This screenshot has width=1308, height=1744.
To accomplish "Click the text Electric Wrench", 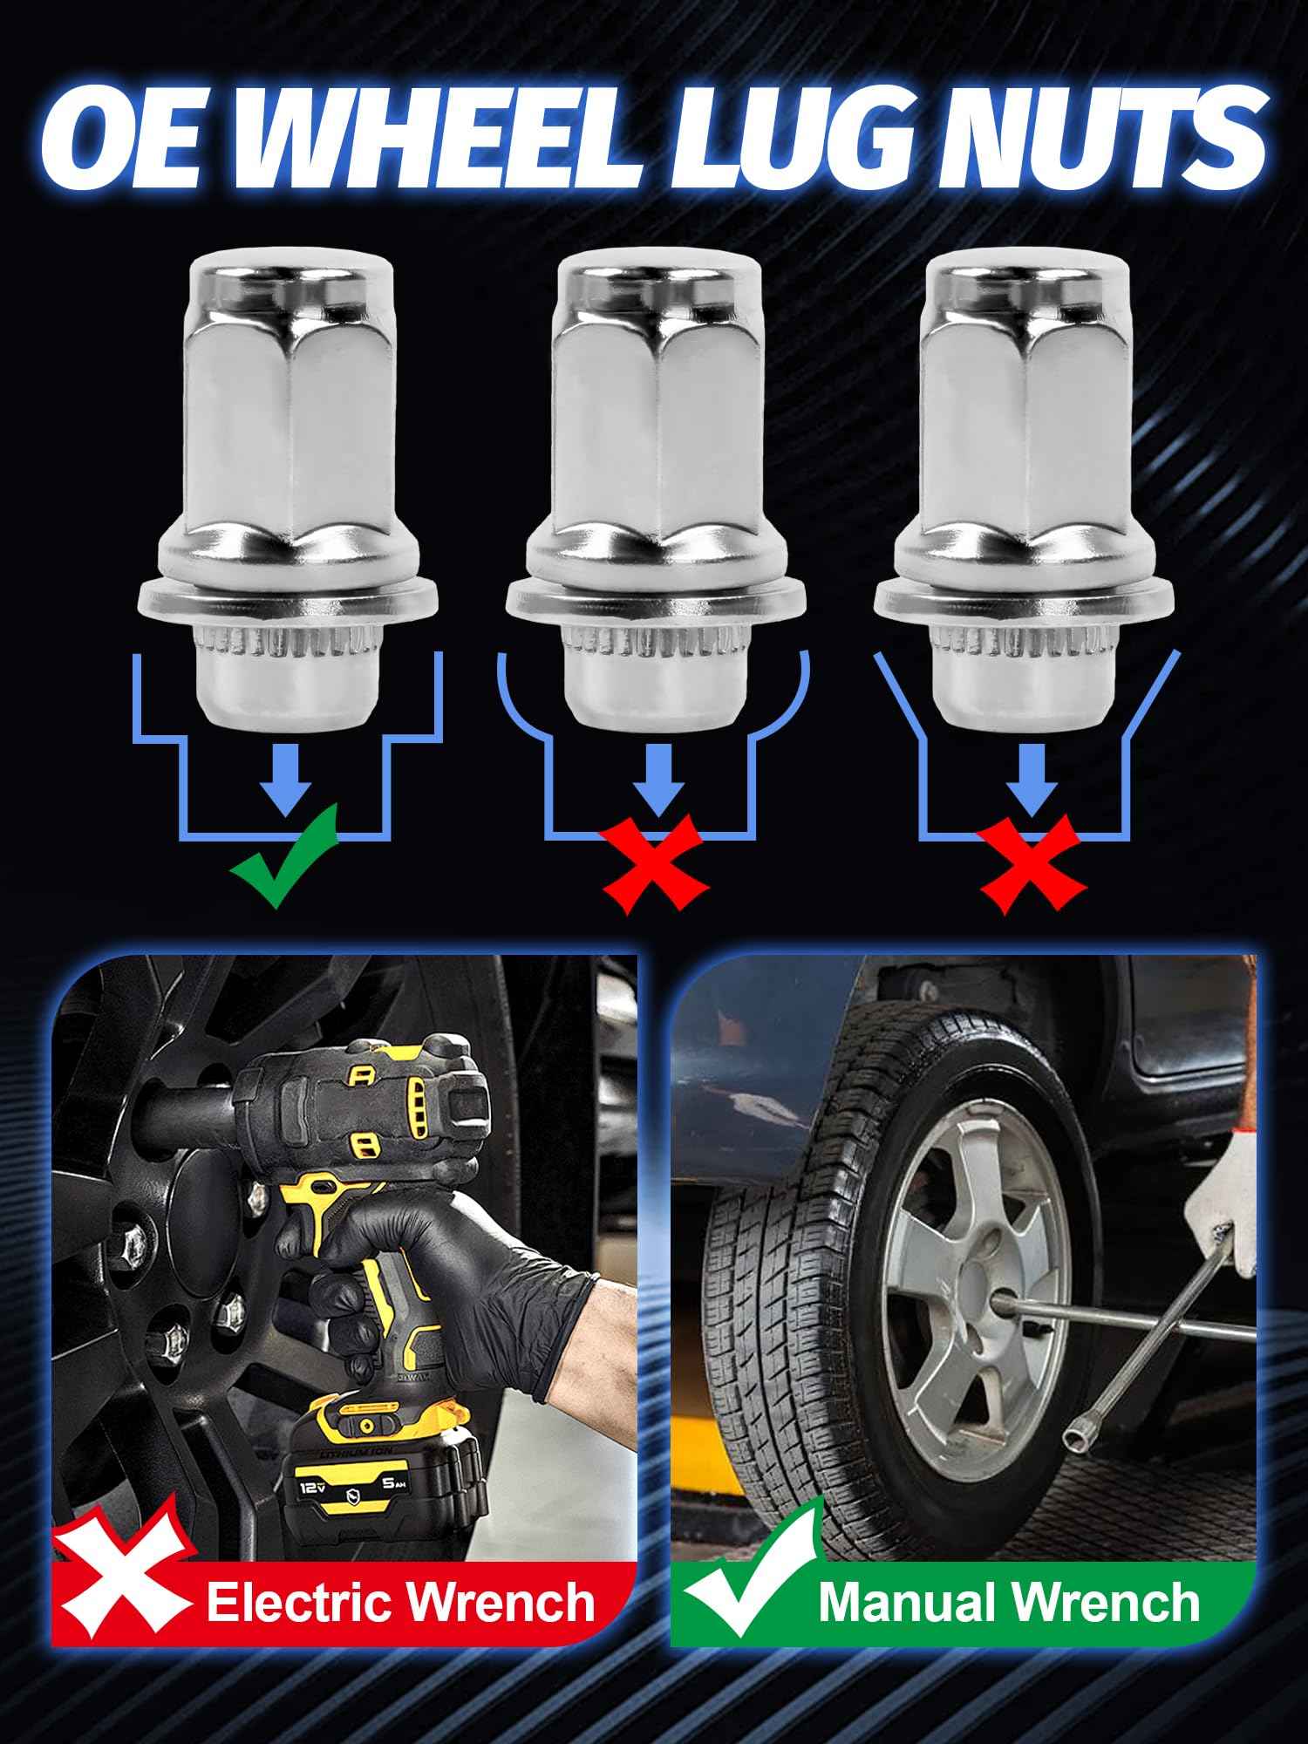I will [400, 1604].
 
